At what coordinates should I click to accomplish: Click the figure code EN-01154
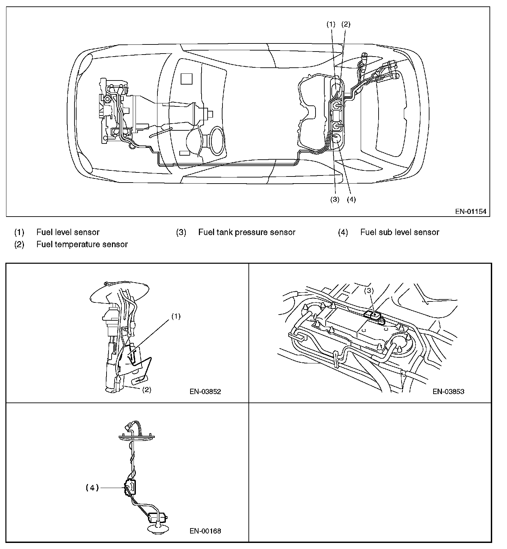(x=471, y=212)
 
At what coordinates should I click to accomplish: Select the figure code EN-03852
(x=205, y=391)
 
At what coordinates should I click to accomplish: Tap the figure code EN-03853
(x=448, y=391)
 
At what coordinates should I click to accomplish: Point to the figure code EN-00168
(x=205, y=531)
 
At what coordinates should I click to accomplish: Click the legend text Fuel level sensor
(x=68, y=232)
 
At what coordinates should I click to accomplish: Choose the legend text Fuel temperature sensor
(x=82, y=244)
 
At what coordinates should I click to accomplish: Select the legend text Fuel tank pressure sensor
(x=246, y=232)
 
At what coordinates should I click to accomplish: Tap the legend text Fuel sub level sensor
(x=399, y=232)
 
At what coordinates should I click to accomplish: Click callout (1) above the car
(x=331, y=24)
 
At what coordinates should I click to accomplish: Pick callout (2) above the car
(x=346, y=24)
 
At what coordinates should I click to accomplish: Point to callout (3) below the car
(x=334, y=199)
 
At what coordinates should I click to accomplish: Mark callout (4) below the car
(x=351, y=199)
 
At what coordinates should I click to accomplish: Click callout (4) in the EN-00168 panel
(x=92, y=488)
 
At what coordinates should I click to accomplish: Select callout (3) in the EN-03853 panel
(x=369, y=291)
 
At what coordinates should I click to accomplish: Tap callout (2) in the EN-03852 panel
(x=146, y=390)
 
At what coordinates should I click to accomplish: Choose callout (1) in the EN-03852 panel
(x=176, y=316)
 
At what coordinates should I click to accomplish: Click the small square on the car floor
(x=186, y=79)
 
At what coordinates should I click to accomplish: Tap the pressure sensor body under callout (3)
(x=374, y=316)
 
